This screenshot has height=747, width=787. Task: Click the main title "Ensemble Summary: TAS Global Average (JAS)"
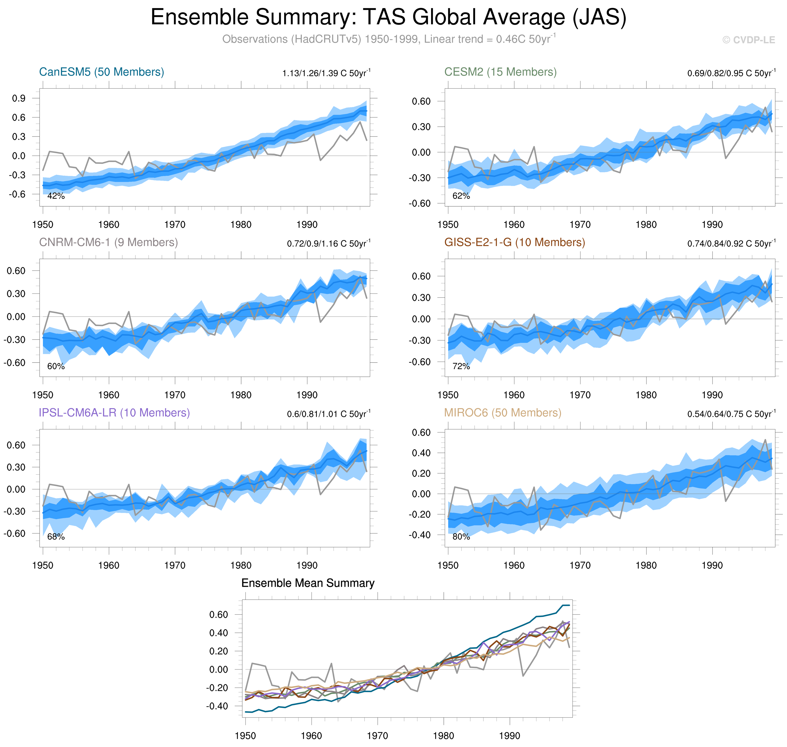pyautogui.click(x=389, y=18)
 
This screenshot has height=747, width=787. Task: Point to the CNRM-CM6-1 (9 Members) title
pyautogui.click(x=108, y=243)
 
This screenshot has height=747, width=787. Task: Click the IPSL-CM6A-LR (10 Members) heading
pyautogui.click(x=114, y=413)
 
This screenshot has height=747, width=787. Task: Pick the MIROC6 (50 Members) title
pyautogui.click(x=502, y=413)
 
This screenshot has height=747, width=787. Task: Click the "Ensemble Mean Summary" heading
pyautogui.click(x=308, y=583)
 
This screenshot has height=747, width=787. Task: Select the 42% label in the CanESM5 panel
pyautogui.click(x=56, y=196)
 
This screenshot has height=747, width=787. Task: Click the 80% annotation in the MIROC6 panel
pyautogui.click(x=461, y=537)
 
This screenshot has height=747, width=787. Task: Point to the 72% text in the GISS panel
pyautogui.click(x=461, y=367)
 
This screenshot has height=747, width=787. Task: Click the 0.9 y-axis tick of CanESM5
pyautogui.click(x=19, y=98)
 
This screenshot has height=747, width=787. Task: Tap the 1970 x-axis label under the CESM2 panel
pyautogui.click(x=580, y=225)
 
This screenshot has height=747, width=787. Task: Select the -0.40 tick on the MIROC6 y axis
pyautogui.click(x=420, y=535)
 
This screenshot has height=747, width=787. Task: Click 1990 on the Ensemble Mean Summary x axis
pyautogui.click(x=510, y=736)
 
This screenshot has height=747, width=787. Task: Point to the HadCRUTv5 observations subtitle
pyautogui.click(x=389, y=39)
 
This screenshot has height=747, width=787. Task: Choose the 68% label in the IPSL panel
pyautogui.click(x=56, y=537)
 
